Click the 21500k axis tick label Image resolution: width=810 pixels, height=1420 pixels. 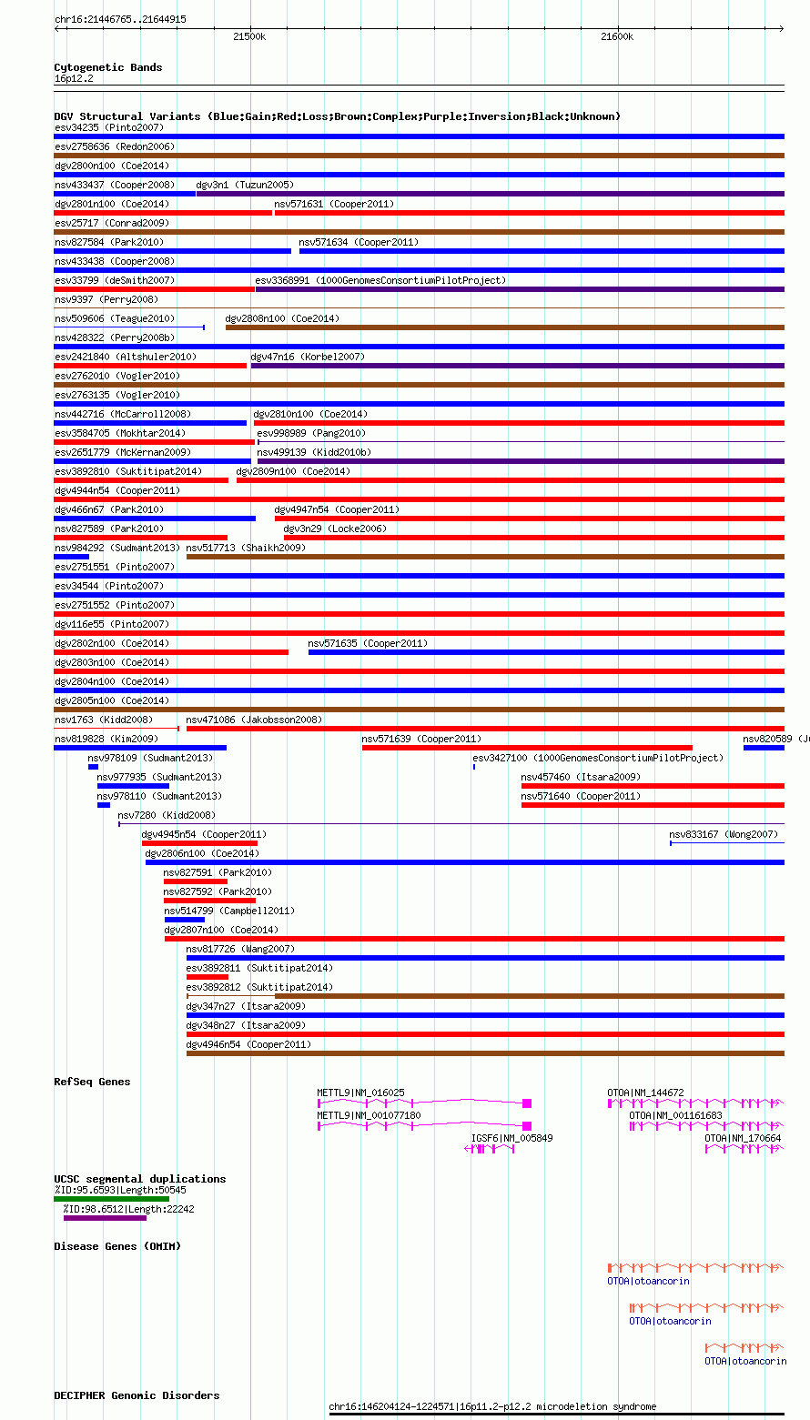(x=249, y=36)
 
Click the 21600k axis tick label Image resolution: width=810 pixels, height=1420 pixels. (x=617, y=36)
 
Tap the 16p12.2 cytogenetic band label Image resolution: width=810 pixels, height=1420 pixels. (x=74, y=78)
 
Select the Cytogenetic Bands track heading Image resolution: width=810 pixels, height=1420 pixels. (x=107, y=67)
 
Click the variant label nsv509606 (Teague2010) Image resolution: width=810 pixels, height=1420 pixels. (x=115, y=318)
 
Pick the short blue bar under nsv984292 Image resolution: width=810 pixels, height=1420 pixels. (x=72, y=557)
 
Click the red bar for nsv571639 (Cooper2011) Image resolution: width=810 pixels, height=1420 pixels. (x=527, y=748)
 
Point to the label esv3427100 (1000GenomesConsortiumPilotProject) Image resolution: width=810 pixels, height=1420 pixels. (x=598, y=758)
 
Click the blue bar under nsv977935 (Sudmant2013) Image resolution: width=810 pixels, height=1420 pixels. (x=133, y=786)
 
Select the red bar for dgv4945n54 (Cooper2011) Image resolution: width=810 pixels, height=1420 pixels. (x=200, y=843)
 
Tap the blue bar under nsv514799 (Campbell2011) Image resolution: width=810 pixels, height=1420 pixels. (x=185, y=919)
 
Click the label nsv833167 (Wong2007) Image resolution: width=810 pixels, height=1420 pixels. (x=724, y=834)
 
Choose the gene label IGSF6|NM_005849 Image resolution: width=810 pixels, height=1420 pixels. (x=511, y=1138)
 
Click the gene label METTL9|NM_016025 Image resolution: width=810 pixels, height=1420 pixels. (x=361, y=1093)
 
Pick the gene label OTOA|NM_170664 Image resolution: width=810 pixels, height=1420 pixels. (x=743, y=1138)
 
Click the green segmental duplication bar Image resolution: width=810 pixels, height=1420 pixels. (x=112, y=1199)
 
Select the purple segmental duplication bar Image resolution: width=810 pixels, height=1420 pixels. (x=106, y=1218)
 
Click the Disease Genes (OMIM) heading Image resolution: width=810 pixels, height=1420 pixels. (x=117, y=1246)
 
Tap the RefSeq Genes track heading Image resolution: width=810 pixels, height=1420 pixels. (x=92, y=1082)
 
